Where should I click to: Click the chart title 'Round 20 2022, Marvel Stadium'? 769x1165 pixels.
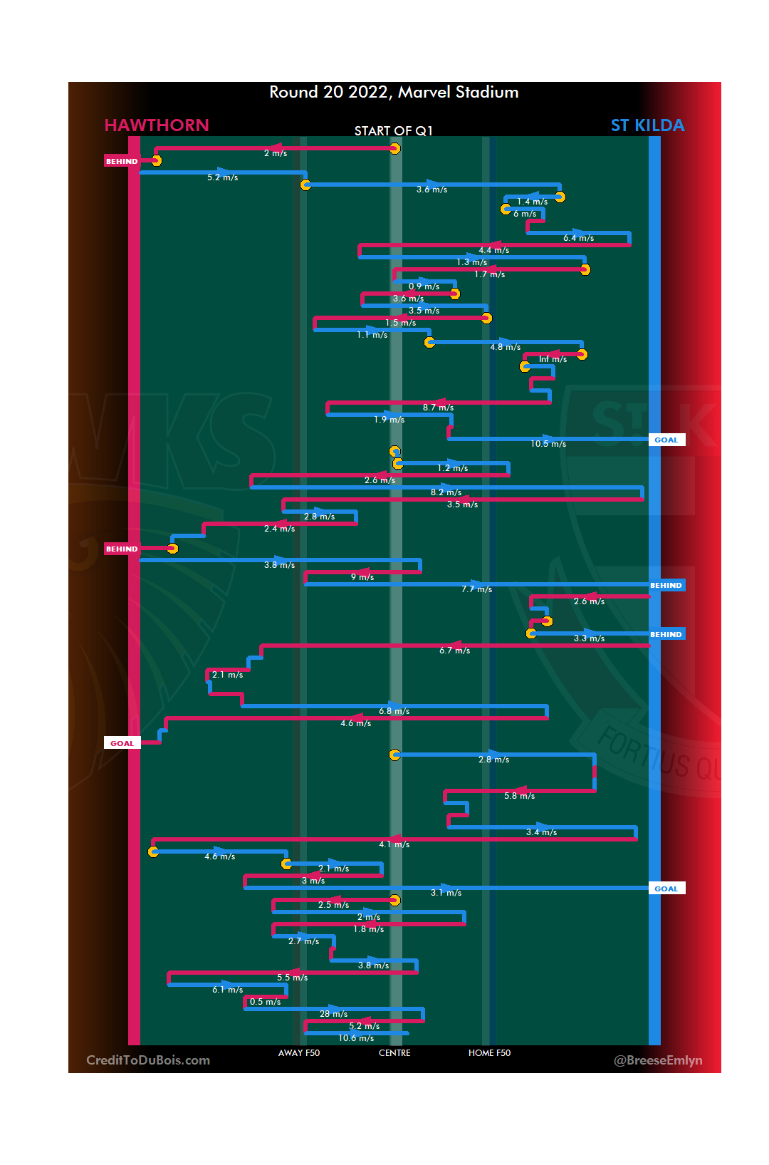394,92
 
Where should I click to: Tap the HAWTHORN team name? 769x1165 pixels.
157,125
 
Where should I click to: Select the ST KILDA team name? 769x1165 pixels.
647,125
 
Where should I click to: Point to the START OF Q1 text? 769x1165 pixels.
393,130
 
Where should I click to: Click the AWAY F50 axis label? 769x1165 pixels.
299,1052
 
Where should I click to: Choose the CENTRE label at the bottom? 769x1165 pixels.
394,1052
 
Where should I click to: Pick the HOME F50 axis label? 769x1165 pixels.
489,1052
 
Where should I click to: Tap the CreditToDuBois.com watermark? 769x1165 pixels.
148,1060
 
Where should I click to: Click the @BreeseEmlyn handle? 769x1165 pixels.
658,1060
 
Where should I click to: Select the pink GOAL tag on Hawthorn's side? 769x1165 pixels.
122,743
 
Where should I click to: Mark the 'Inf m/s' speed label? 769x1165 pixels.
553,359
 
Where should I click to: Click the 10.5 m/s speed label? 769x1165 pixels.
548,444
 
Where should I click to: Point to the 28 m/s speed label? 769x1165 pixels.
333,1014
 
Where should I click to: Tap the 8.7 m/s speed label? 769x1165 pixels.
438,408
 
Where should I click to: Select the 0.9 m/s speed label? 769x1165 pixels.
424,286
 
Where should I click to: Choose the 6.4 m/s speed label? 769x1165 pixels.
578,238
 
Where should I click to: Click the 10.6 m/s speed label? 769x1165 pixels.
356,1038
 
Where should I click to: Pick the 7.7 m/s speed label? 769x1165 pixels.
476,589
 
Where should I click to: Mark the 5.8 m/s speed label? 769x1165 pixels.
519,796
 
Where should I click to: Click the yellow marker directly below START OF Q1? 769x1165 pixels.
394,148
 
